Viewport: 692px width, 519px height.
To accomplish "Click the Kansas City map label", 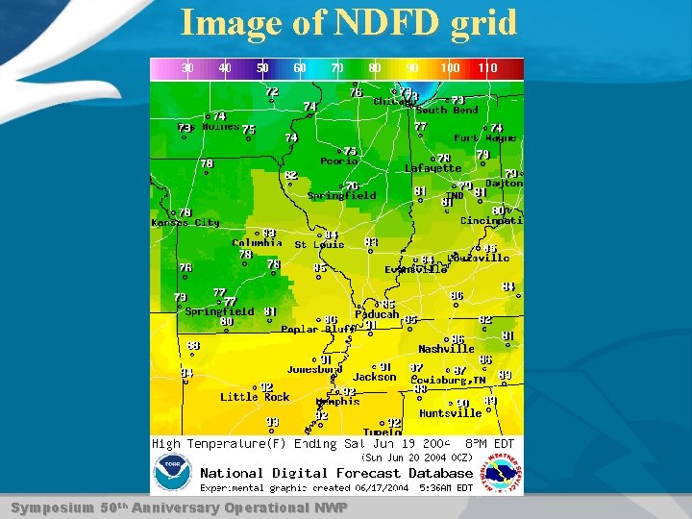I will tap(185, 222).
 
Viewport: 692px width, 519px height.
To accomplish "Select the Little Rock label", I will tap(255, 396).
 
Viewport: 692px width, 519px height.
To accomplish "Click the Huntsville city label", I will tap(451, 413).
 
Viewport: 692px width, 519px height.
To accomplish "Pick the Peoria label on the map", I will tap(338, 161).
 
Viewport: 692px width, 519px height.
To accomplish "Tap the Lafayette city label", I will tap(432, 168).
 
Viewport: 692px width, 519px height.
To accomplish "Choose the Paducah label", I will tap(377, 314).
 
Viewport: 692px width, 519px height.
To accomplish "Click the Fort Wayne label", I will tap(485, 137).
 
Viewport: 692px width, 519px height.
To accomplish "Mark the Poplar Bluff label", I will tap(316, 330).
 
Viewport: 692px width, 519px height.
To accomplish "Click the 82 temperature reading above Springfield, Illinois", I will tap(290, 175).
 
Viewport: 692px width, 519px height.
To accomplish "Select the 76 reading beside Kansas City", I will tap(185, 212).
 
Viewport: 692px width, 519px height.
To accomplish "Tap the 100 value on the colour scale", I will tap(449, 68).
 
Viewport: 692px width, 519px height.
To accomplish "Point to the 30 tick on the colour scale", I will tap(187, 68).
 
